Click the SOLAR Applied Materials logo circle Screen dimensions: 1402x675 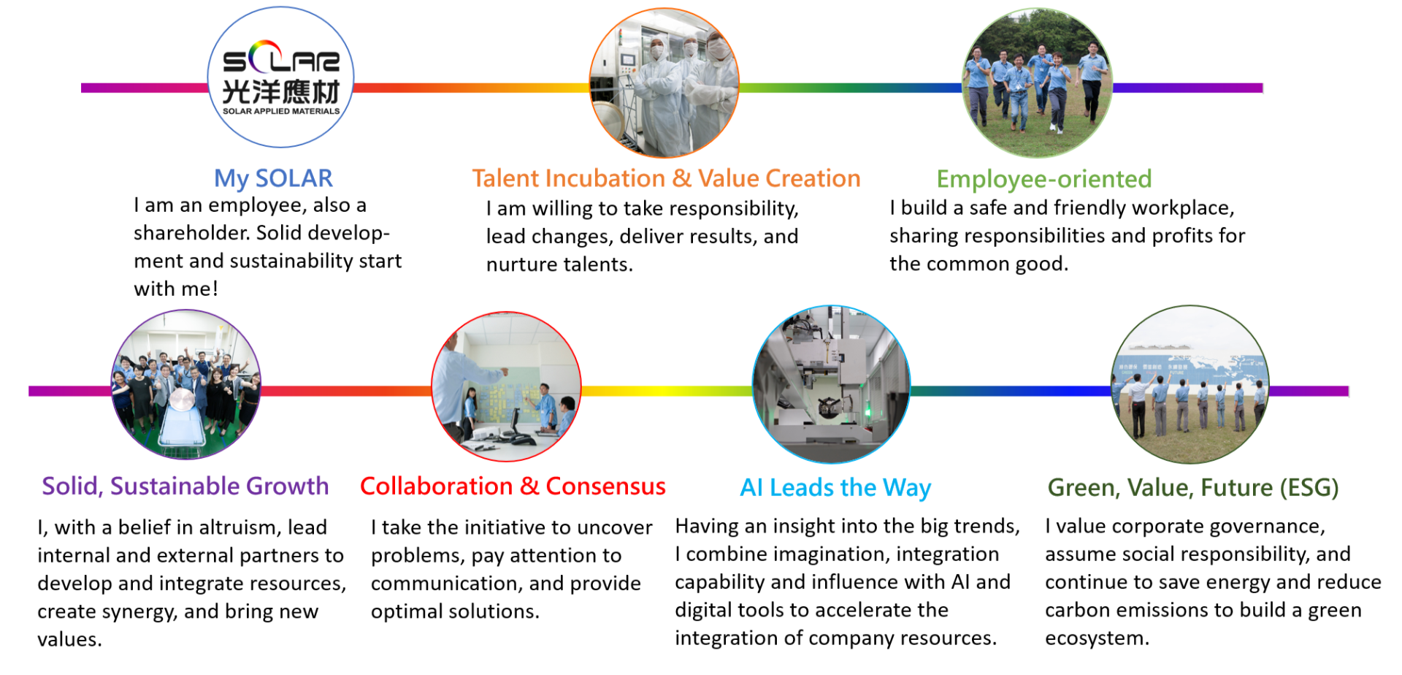click(280, 77)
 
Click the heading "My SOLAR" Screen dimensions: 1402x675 click(273, 178)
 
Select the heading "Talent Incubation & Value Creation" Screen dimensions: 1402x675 click(666, 178)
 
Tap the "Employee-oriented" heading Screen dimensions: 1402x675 click(1044, 179)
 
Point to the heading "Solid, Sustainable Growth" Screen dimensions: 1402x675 click(185, 487)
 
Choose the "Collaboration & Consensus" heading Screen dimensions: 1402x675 click(513, 487)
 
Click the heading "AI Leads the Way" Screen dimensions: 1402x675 click(835, 488)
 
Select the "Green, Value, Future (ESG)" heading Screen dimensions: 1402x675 click(1193, 488)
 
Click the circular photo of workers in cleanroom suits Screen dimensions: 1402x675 click(664, 83)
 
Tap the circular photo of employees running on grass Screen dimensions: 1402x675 click(1038, 83)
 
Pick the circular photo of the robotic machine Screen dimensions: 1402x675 click(831, 384)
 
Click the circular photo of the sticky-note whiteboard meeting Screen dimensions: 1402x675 click(507, 386)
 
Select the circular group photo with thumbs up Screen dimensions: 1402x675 click(186, 384)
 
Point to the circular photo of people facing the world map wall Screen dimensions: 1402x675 click(1190, 384)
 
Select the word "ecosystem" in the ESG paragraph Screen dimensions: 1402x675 click(1097, 638)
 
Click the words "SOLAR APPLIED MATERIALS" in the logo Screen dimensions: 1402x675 click(281, 111)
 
